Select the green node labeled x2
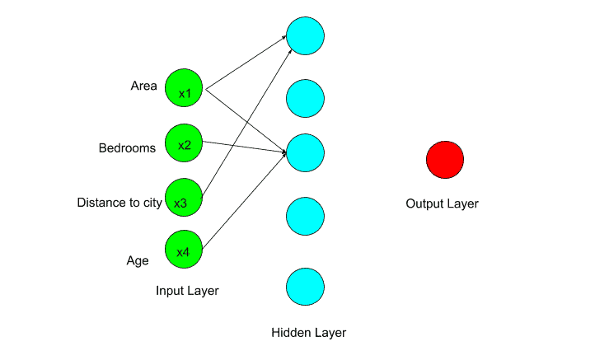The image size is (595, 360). pos(184,143)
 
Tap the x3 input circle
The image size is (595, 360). pos(184,199)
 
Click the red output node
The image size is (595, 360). pos(445,159)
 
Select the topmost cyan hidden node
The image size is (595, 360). pos(305,36)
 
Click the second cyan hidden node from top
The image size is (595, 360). pos(305,97)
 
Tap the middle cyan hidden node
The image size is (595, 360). pos(305,152)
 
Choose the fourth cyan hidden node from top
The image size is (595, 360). pos(305,216)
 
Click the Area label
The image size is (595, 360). pos(143,86)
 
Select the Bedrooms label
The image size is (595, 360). pos(127,149)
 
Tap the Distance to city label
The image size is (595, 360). pos(119,203)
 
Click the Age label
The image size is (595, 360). pos(138,261)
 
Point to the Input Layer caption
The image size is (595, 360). pos(187,291)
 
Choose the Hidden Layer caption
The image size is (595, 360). pos(308,333)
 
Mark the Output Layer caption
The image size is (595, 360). pos(442,203)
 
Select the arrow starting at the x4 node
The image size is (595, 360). pos(244,199)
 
